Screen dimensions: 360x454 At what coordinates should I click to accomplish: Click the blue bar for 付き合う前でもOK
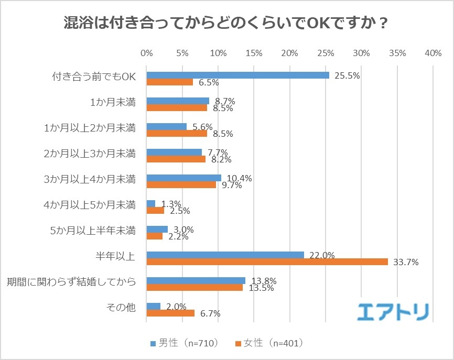(237, 75)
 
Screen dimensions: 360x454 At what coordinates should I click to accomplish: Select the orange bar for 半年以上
(267, 262)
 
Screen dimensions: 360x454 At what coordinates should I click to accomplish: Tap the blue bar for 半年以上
(225, 255)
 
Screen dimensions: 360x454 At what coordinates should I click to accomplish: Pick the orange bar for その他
(170, 313)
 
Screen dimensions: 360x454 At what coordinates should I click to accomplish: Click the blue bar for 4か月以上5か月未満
(151, 203)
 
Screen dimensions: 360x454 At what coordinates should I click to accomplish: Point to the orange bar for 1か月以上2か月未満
(177, 134)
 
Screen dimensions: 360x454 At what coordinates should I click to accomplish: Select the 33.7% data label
(405, 263)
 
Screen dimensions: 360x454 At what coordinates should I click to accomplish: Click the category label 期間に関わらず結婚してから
(71, 281)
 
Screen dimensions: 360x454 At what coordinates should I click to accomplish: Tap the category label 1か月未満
(112, 102)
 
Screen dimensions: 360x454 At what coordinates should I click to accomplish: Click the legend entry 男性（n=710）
(184, 343)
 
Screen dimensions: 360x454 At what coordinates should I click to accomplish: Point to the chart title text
(226, 24)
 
